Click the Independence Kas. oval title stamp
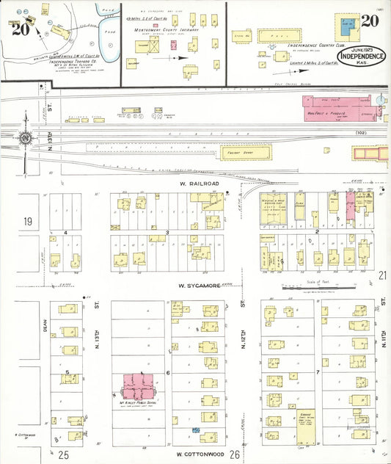[x=362, y=57]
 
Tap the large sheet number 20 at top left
[x=21, y=30]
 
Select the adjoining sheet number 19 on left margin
[x=28, y=222]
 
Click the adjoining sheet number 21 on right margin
[x=382, y=275]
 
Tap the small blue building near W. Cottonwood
[x=195, y=429]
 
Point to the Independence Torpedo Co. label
[x=58, y=62]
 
